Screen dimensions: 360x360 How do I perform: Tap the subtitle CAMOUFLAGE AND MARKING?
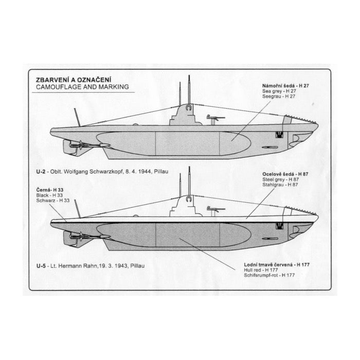75,88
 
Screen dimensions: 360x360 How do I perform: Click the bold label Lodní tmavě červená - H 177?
277,264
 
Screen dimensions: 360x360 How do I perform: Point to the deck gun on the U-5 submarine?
212,210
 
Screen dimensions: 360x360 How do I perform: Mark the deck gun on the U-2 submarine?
212,119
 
